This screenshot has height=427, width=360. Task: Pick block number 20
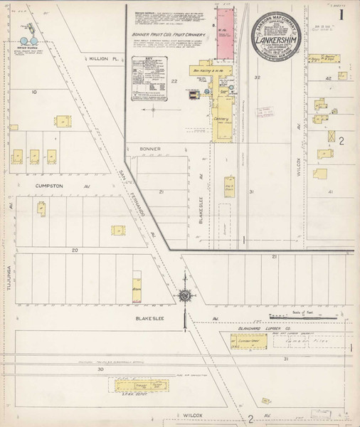pos(75,251)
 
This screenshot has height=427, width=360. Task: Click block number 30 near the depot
pos(100,370)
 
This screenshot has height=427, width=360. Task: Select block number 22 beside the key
pos(174,81)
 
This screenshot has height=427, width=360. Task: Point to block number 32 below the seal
pos(258,76)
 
